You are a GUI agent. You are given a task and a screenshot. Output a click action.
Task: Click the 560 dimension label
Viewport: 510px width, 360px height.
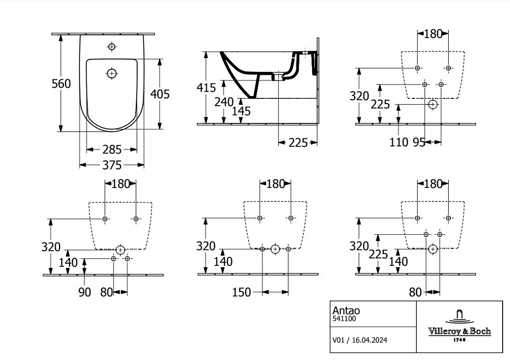(61, 84)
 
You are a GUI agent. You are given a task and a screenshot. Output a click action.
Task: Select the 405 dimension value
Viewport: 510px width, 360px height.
(159, 94)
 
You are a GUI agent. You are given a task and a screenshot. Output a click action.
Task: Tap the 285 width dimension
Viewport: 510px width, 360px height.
(112, 149)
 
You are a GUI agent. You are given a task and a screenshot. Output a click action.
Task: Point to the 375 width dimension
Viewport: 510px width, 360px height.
(112, 165)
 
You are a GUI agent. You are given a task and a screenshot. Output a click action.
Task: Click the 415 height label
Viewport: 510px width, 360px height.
(206, 88)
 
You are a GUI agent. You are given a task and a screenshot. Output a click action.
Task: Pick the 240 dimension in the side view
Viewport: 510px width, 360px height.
(224, 102)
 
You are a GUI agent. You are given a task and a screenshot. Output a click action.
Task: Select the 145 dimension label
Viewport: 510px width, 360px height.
(242, 111)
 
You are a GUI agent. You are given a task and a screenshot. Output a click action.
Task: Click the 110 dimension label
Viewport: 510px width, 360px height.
(399, 142)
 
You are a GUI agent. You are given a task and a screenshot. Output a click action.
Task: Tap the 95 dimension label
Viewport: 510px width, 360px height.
(419, 142)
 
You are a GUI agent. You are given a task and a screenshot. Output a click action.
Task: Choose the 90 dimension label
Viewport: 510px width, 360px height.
(84, 292)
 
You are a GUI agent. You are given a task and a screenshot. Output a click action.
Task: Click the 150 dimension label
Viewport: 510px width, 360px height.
(242, 292)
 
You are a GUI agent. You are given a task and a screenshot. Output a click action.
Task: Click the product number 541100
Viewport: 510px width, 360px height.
(344, 319)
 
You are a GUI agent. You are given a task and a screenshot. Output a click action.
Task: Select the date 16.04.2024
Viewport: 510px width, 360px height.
(370, 340)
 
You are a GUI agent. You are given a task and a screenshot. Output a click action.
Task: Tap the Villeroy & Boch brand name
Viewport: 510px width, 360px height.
(459, 331)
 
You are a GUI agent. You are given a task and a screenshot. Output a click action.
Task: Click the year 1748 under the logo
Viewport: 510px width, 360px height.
(459, 340)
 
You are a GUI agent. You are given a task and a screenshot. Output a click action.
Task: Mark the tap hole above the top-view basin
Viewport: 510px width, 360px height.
(112, 47)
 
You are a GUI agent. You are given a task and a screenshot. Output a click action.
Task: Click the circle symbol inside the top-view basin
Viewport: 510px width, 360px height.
(112, 74)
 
